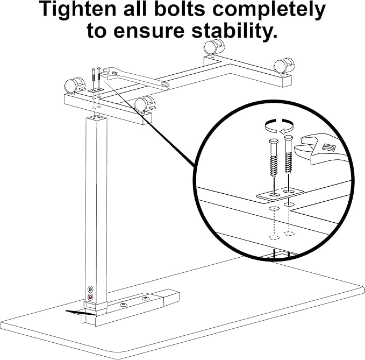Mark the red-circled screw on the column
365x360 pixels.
point(90,297)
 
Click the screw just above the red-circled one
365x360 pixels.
point(90,288)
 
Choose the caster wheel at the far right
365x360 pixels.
point(281,66)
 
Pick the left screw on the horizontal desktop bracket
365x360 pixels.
point(123,305)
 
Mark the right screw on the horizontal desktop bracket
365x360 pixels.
point(145,298)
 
